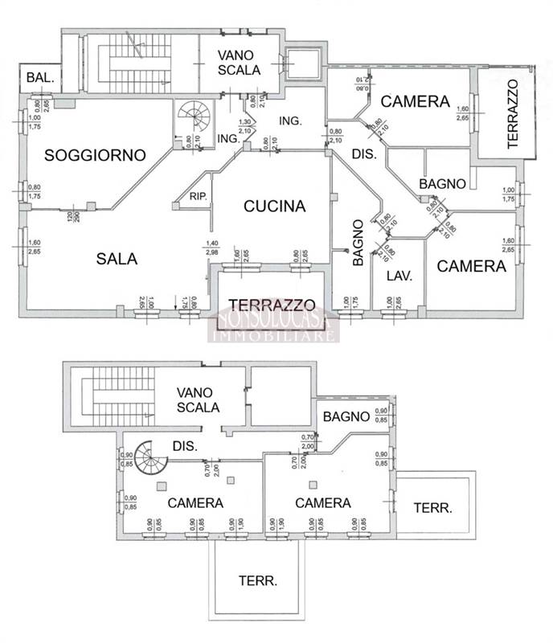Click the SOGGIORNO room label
(x=94, y=154)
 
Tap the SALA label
(x=117, y=259)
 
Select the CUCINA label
(x=275, y=206)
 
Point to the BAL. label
(x=40, y=78)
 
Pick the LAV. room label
(x=399, y=276)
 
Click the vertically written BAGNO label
(x=358, y=243)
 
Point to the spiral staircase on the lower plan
(x=150, y=461)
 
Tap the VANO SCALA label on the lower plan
(x=199, y=399)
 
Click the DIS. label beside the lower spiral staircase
(x=186, y=446)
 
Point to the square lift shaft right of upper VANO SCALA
(x=300, y=63)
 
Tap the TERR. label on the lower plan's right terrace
(x=432, y=508)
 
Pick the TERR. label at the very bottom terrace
(x=258, y=580)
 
